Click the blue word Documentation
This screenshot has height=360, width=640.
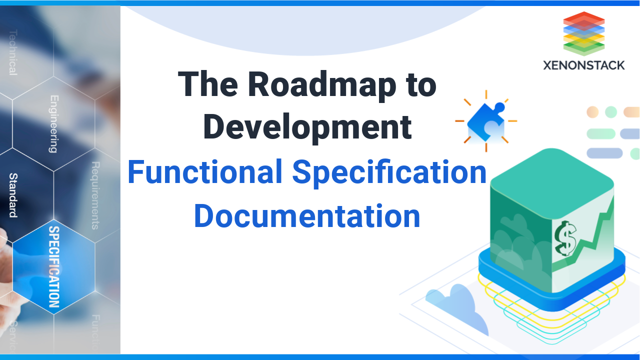[307, 216]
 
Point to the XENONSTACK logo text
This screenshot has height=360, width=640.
[584, 65]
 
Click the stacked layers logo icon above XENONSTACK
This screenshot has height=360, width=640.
[583, 33]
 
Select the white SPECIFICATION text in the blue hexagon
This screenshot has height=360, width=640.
[54, 266]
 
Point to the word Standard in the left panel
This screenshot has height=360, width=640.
[13, 195]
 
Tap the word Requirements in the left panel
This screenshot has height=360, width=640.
[95, 195]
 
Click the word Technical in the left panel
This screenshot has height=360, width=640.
[12, 52]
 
